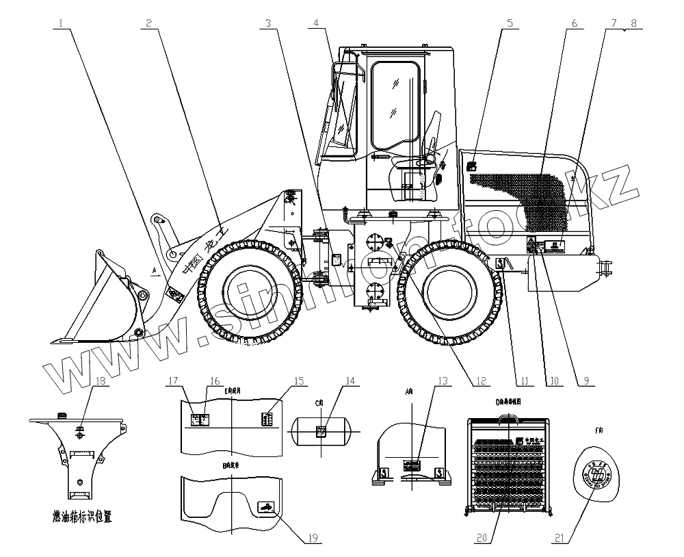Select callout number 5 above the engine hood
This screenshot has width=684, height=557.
(x=509, y=23)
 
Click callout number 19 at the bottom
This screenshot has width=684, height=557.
(x=312, y=538)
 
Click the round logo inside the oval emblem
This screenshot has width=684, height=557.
(x=598, y=472)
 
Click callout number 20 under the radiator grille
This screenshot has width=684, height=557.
(x=484, y=538)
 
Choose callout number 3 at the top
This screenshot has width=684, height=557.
(x=269, y=23)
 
